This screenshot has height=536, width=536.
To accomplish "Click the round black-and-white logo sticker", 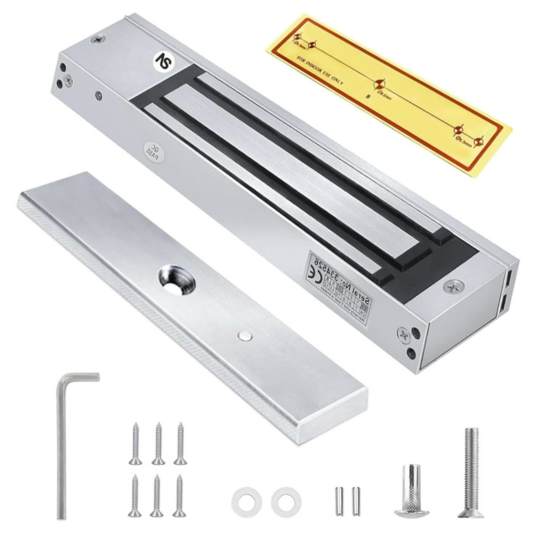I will pos(165,60).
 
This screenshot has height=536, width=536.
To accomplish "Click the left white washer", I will pos(245,500).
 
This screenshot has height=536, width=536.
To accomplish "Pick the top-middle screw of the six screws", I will pos(158,443).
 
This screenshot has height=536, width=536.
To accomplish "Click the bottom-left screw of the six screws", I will pos(134,495).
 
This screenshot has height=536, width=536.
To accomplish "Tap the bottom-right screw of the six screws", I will pos(178,495).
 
